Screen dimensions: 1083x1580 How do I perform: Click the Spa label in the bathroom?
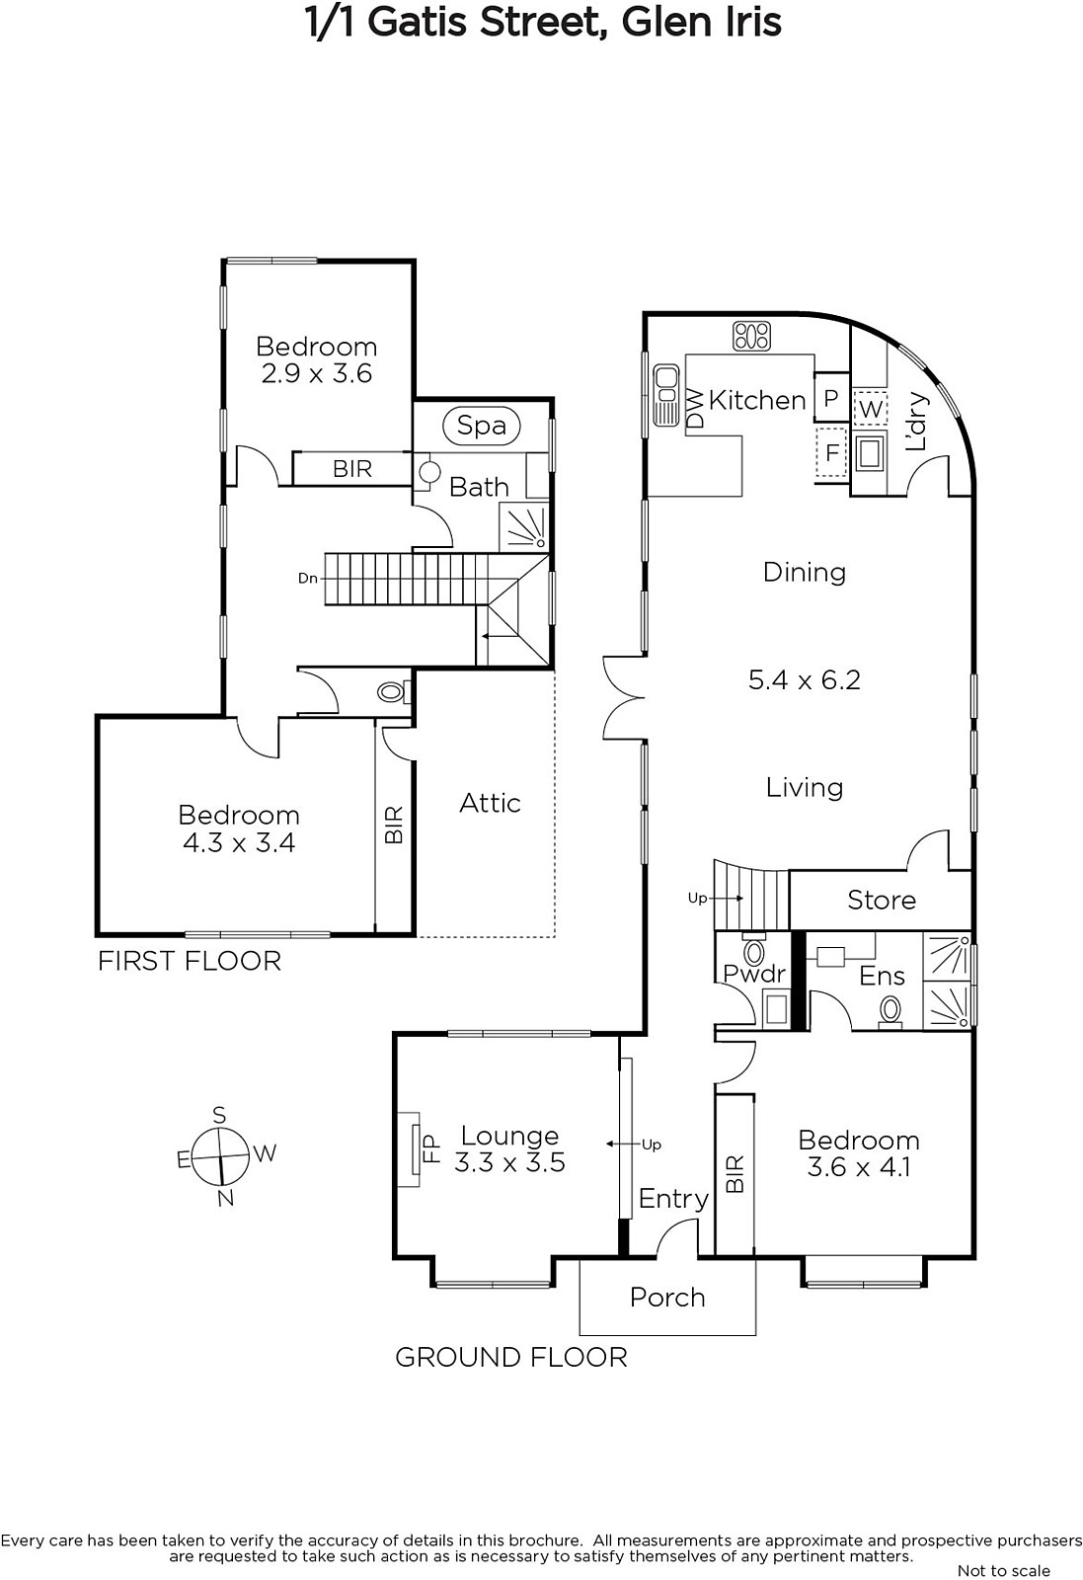(482, 426)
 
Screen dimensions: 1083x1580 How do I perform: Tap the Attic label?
(490, 803)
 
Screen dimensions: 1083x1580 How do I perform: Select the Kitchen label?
(757, 400)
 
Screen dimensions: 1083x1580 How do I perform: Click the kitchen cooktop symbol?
(751, 336)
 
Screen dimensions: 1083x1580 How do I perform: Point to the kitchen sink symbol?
(665, 395)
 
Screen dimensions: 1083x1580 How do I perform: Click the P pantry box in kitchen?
(831, 398)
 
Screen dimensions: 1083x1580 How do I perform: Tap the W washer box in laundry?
(871, 409)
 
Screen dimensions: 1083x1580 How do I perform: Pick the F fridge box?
(832, 452)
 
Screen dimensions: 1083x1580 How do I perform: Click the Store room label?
(882, 900)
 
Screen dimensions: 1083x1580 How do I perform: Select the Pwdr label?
(754, 974)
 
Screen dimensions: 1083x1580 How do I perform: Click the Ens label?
(882, 976)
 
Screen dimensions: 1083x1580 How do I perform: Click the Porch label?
(667, 1298)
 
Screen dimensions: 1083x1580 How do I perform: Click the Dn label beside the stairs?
(307, 579)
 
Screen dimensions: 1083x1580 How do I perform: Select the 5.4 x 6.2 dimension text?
(805, 679)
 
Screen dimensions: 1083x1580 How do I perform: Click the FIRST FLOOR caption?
(189, 961)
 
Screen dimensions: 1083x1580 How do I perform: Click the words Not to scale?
(1004, 1570)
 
